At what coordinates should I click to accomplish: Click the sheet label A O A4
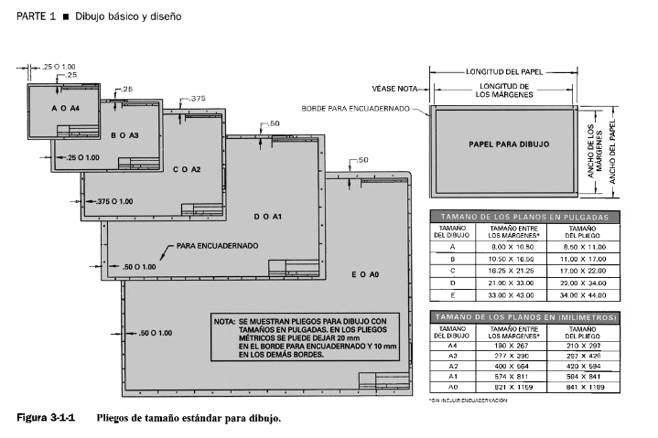tap(67, 109)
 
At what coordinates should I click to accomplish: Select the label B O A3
tap(124, 135)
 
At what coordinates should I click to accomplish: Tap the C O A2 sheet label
tap(187, 170)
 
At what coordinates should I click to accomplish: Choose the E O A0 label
tap(365, 274)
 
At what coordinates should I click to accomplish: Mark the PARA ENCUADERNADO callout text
tap(217, 245)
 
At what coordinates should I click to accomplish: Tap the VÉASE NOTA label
tap(394, 89)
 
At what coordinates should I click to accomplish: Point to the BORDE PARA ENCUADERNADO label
tap(363, 108)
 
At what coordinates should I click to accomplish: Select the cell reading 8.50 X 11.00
tap(583, 247)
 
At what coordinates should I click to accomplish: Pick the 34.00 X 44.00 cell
tap(583, 295)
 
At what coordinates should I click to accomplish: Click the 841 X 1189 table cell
tap(583, 387)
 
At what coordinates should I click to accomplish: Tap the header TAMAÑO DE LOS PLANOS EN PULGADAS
tap(525, 217)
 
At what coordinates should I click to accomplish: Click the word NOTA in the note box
tap(225, 322)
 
